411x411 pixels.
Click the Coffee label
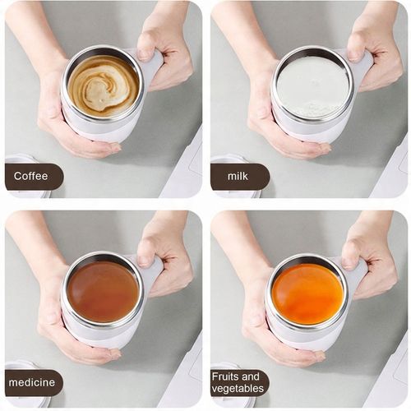pyautogui.click(x=30, y=176)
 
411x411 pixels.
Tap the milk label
pyautogui.click(x=238, y=176)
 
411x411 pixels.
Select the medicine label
pyautogui.click(x=32, y=382)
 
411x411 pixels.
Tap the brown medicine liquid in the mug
pyautogui.click(x=103, y=291)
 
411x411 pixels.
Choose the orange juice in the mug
pyautogui.click(x=307, y=293)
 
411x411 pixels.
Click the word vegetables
pyautogui.click(x=238, y=388)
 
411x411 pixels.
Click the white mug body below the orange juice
pyautogui.click(x=304, y=335)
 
